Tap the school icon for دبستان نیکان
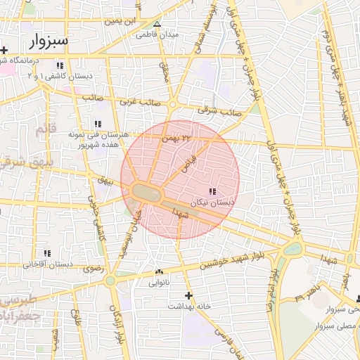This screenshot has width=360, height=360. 212,192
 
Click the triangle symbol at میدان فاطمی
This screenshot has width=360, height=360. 157,24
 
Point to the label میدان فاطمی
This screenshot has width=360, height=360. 157,34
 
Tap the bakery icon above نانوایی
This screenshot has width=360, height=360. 158,272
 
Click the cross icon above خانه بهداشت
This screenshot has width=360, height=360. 188,295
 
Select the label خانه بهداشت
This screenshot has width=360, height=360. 189,307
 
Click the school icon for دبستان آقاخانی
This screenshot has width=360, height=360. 48,253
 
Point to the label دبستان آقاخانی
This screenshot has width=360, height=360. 48,264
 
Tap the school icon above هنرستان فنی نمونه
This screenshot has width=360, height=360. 96,124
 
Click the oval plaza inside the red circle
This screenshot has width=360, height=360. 146,191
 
